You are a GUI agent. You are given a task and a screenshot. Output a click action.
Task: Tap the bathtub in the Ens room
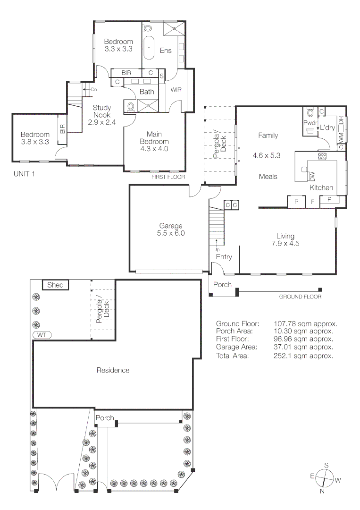[149, 48]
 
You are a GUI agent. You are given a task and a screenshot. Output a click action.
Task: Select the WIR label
[176, 90]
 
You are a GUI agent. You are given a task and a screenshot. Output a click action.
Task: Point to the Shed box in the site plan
[56, 285]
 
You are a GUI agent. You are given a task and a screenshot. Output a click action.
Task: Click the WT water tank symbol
[42, 335]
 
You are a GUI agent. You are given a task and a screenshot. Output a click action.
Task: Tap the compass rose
[326, 478]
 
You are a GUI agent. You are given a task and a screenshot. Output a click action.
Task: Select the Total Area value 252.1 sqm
[303, 356]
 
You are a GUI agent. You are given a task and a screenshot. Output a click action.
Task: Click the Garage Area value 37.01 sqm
[303, 347]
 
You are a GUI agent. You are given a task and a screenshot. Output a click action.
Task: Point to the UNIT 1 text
[24, 174]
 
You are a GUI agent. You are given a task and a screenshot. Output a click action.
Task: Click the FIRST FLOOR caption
[168, 177]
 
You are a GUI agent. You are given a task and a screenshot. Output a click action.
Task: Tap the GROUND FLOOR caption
[300, 297]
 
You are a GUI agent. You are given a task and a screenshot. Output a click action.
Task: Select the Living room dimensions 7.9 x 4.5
[285, 243]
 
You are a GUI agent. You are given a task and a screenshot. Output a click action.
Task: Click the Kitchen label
[321, 187]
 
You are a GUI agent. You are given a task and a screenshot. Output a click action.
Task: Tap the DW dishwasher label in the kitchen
[312, 177]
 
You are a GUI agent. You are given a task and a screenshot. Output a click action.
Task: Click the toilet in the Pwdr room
[310, 113]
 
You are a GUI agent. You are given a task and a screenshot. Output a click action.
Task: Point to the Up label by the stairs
[217, 250]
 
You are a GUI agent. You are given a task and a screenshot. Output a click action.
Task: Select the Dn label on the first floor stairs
[93, 89]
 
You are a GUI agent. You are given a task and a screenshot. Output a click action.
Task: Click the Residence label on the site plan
[113, 370]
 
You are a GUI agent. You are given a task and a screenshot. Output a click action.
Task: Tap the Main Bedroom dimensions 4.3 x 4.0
[154, 149]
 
